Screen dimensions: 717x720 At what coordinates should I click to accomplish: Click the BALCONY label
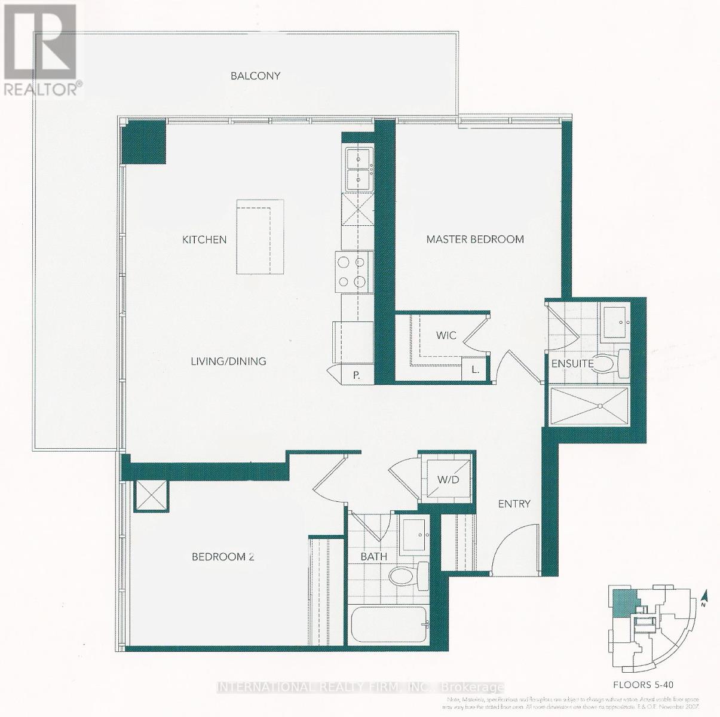[x=256, y=76]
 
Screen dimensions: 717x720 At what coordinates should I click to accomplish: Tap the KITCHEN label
[x=204, y=240]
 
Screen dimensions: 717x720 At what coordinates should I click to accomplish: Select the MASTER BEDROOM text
[x=475, y=240]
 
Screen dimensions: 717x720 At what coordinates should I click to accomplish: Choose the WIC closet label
[x=446, y=335]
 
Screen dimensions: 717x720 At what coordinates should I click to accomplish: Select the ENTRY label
[x=514, y=504]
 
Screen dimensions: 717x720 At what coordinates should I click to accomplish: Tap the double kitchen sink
[x=358, y=168]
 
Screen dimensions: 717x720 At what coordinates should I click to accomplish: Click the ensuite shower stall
[x=589, y=406]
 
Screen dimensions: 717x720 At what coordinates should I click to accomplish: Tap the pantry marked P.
[x=356, y=375]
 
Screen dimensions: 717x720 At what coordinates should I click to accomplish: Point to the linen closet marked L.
[x=476, y=369]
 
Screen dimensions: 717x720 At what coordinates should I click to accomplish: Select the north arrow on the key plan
[x=705, y=598]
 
